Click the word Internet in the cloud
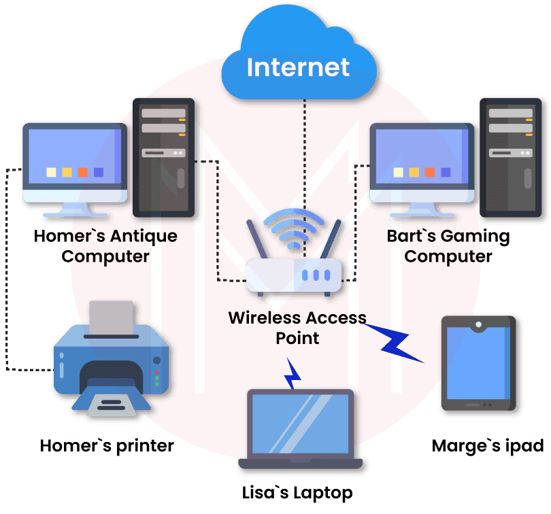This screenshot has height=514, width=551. [x=298, y=67]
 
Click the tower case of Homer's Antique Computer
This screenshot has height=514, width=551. [x=164, y=156]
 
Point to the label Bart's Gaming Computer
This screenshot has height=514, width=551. [x=448, y=246]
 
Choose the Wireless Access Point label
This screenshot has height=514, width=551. [x=297, y=327]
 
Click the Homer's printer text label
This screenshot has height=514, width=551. [x=107, y=446]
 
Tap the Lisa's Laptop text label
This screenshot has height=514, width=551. [x=297, y=492]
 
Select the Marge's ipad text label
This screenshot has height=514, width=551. [x=488, y=446]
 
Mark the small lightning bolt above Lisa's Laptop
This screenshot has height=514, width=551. [x=293, y=373]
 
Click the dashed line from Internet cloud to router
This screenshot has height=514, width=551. [x=304, y=150]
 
